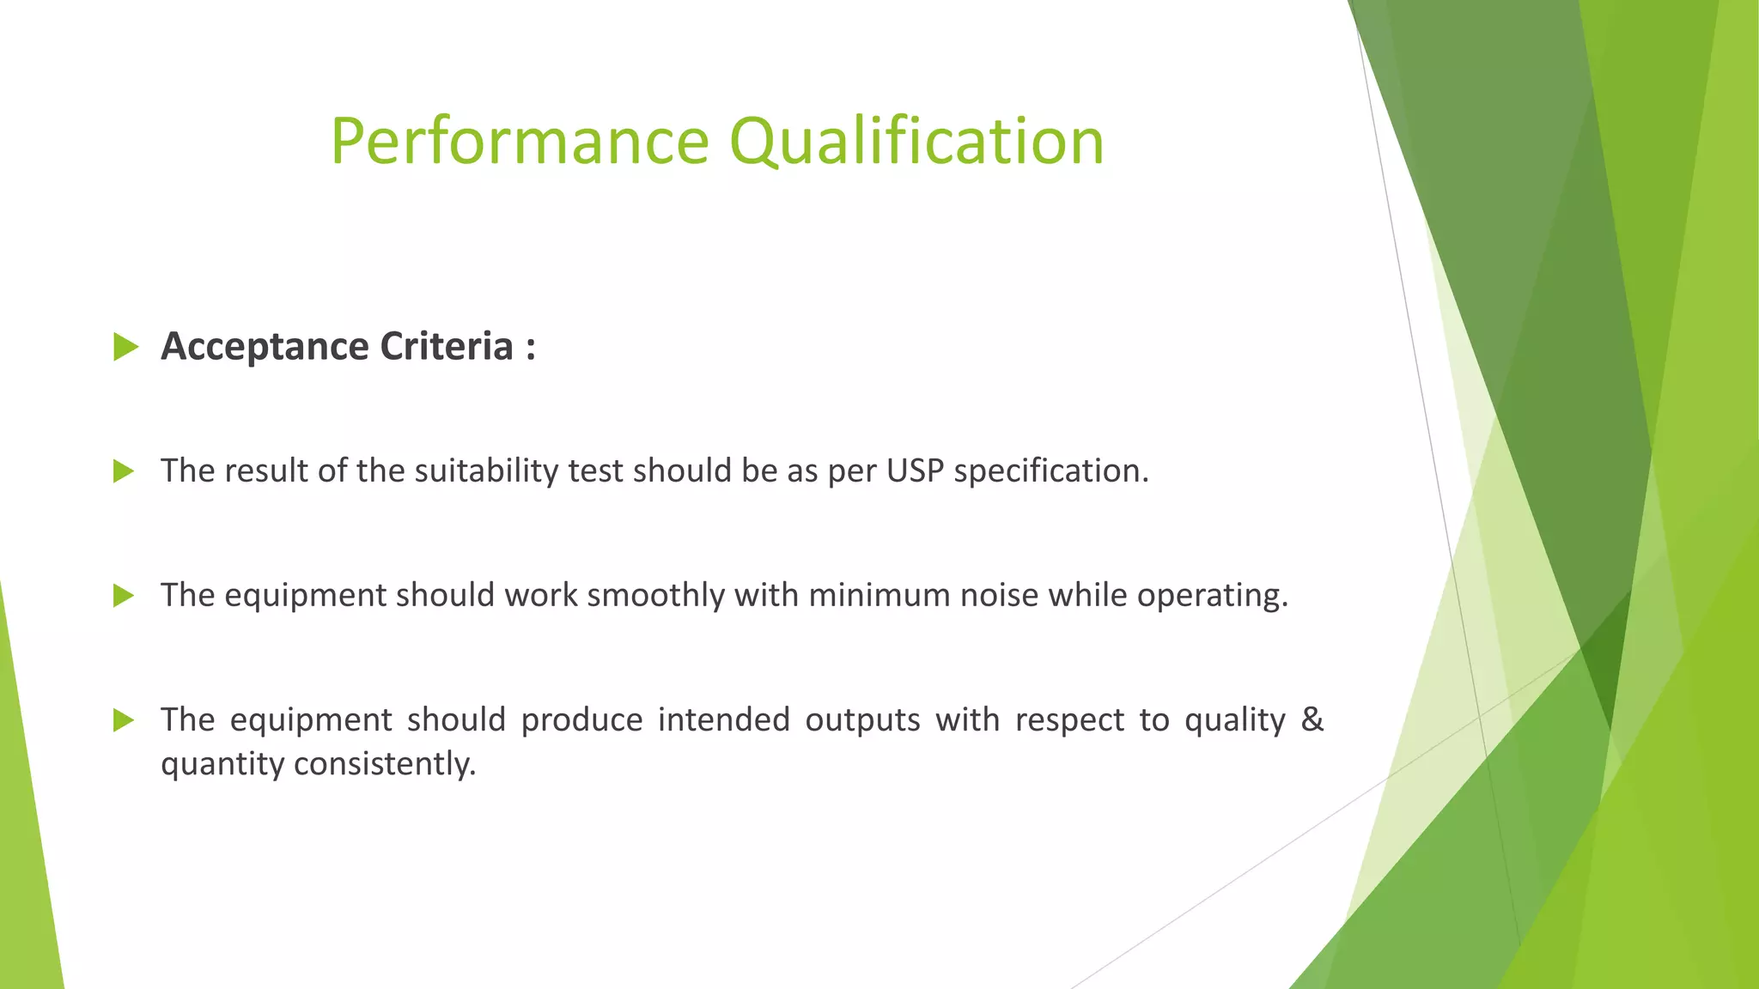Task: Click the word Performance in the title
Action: coord(520,141)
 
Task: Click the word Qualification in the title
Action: coord(916,141)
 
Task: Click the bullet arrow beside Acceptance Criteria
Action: coord(125,347)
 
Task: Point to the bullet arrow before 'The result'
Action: coord(124,471)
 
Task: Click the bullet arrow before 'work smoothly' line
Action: coord(124,596)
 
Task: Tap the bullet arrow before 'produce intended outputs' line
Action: coord(124,720)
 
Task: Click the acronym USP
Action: coord(915,471)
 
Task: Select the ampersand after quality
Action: coord(1312,719)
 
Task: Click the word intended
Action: coord(723,719)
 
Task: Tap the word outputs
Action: coord(862,719)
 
